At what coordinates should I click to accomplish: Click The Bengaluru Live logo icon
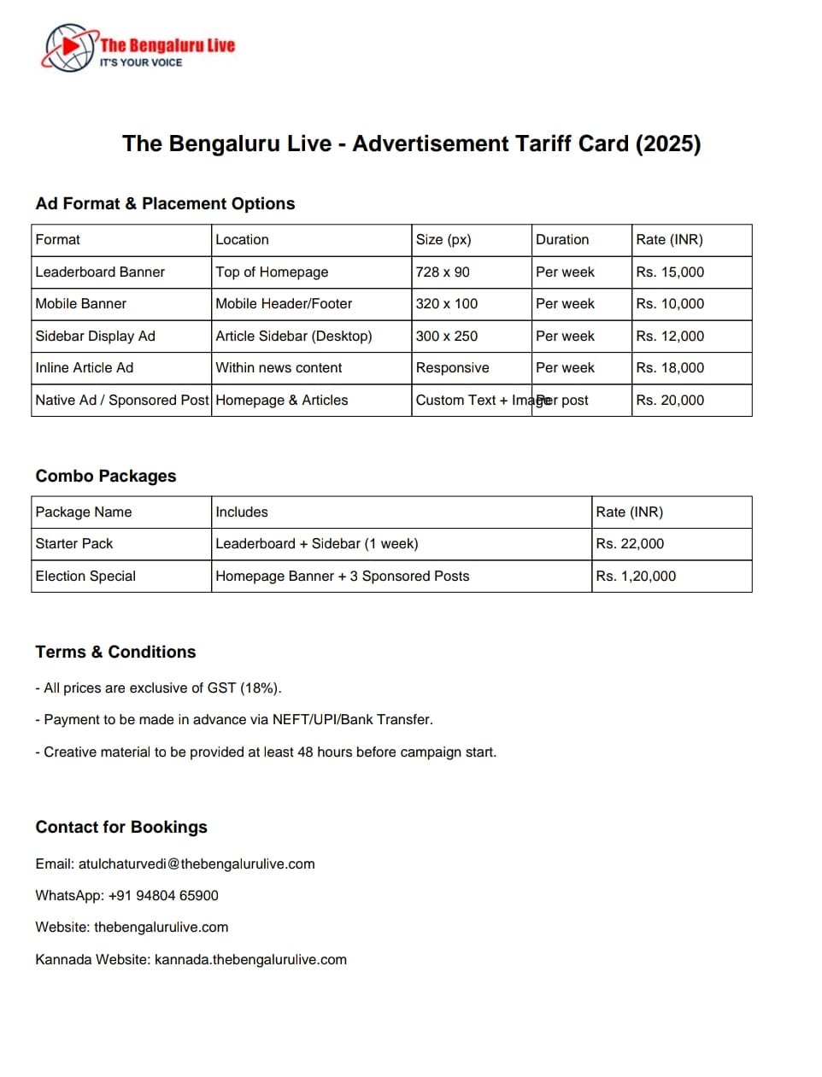[69, 48]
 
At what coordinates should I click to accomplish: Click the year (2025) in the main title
[667, 143]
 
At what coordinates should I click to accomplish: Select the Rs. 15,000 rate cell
[670, 272]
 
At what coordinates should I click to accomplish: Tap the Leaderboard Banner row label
[100, 272]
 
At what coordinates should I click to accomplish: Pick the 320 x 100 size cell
[447, 303]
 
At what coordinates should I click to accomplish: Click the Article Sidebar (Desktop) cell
[294, 336]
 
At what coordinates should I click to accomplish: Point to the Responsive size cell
[452, 367]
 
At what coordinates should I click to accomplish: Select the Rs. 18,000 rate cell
[670, 367]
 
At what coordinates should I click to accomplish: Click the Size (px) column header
[443, 239]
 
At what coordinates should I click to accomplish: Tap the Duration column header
[562, 239]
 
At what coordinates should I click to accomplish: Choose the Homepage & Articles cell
[282, 400]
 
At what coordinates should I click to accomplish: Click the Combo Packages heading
[106, 476]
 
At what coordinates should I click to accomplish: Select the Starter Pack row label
[74, 543]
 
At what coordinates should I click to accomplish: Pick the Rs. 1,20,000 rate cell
[636, 576]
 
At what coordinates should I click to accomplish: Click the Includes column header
[242, 512]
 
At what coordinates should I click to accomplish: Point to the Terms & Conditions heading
[115, 652]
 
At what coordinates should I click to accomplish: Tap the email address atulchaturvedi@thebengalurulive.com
[197, 863]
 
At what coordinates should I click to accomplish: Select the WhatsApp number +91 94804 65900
[163, 895]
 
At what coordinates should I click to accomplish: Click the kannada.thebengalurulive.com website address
[250, 959]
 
